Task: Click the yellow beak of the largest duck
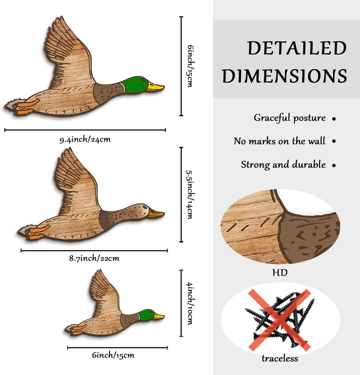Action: pyautogui.click(x=156, y=87)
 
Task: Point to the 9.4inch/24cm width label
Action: pyautogui.click(x=85, y=140)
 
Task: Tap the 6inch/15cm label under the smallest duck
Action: pyautogui.click(x=113, y=355)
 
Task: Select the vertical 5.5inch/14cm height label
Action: pyautogui.click(x=190, y=195)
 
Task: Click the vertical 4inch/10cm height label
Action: pyautogui.click(x=190, y=303)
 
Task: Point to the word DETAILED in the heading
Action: pyautogui.click(x=297, y=49)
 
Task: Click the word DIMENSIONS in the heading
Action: pyautogui.click(x=284, y=76)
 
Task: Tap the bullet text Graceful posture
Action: pyautogui.click(x=289, y=118)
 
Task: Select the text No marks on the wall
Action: pyautogui.click(x=279, y=141)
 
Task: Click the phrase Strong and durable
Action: pyautogui.click(x=283, y=165)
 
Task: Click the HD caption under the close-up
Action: pyautogui.click(x=280, y=272)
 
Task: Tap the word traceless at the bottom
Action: pyautogui.click(x=280, y=358)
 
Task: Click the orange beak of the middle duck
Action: pyautogui.click(x=156, y=213)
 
